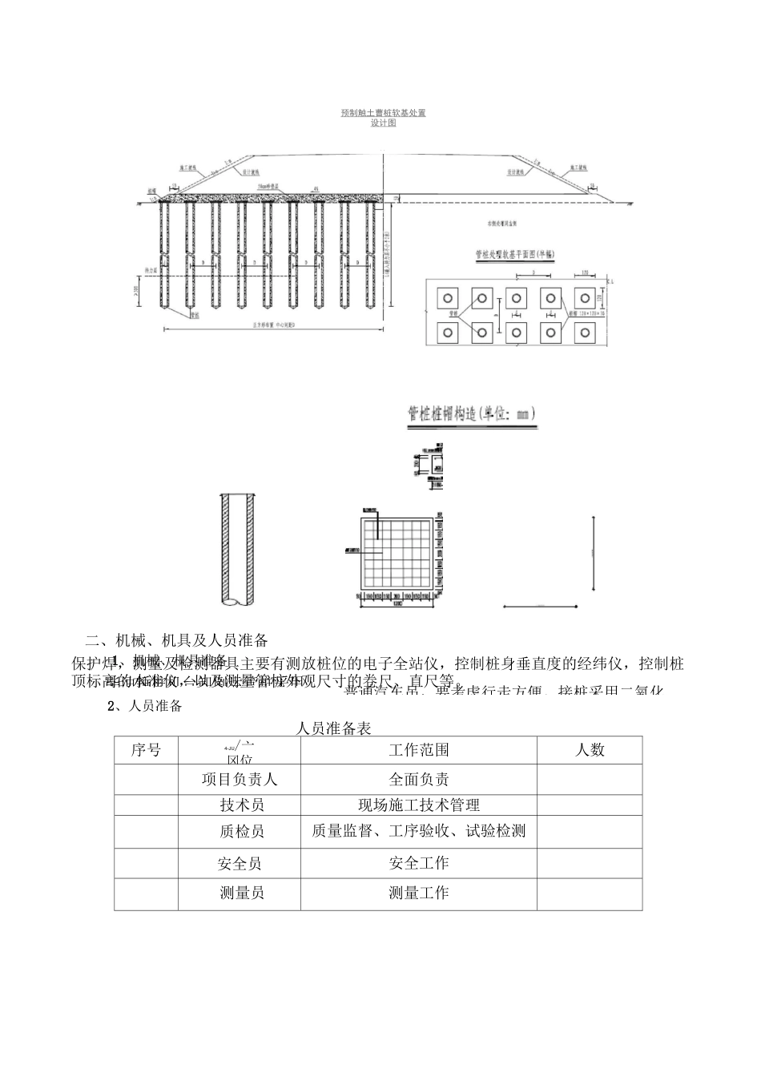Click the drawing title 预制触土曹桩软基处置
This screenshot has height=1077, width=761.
coord(383,113)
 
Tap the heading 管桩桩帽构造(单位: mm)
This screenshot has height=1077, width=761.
coord(471,413)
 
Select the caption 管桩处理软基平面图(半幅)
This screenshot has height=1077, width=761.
coord(516,255)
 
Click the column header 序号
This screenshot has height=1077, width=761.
coord(146,750)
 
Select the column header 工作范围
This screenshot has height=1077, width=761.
coord(418,750)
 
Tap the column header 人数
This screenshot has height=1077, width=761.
coord(590,750)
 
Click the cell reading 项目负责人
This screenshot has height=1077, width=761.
coord(240,779)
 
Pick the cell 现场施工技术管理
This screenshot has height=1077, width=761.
coord(418,805)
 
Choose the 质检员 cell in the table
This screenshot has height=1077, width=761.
coord(240,832)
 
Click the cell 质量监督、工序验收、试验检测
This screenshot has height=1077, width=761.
coord(418,832)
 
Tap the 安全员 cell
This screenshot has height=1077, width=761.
coord(240,863)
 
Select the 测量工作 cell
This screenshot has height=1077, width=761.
coord(418,893)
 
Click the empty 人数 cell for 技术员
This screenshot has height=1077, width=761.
coord(590,805)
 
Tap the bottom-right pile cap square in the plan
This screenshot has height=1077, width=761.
coord(585,332)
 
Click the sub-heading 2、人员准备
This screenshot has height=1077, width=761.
coord(145,706)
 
